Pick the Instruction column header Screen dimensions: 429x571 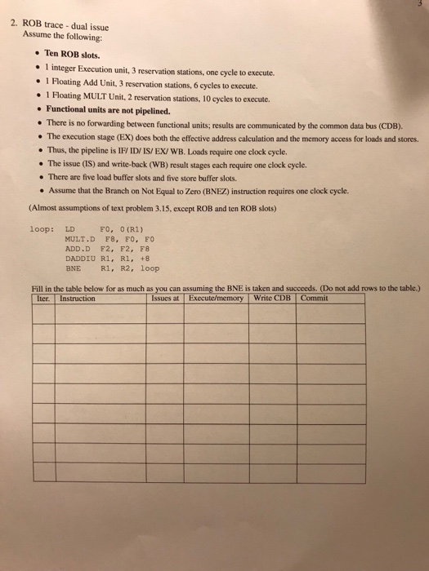click(78, 298)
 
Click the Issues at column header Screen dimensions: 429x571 click(166, 298)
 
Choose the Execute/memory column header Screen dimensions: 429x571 click(217, 298)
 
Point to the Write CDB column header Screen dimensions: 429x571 click(274, 298)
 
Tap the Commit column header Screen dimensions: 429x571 click(315, 298)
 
